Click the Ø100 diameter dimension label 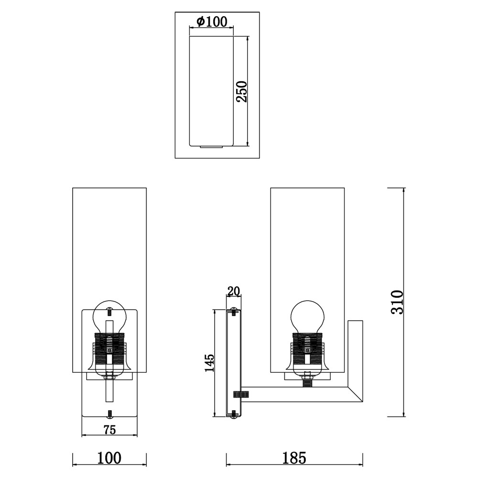[x=212, y=22]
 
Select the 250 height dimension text [x=241, y=91]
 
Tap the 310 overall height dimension [x=397, y=302]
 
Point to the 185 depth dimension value [x=294, y=458]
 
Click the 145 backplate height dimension [x=209, y=363]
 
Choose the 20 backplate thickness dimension [x=234, y=291]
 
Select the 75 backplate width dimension [x=110, y=430]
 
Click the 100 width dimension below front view [x=109, y=458]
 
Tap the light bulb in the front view [x=109, y=317]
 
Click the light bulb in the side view [x=307, y=317]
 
